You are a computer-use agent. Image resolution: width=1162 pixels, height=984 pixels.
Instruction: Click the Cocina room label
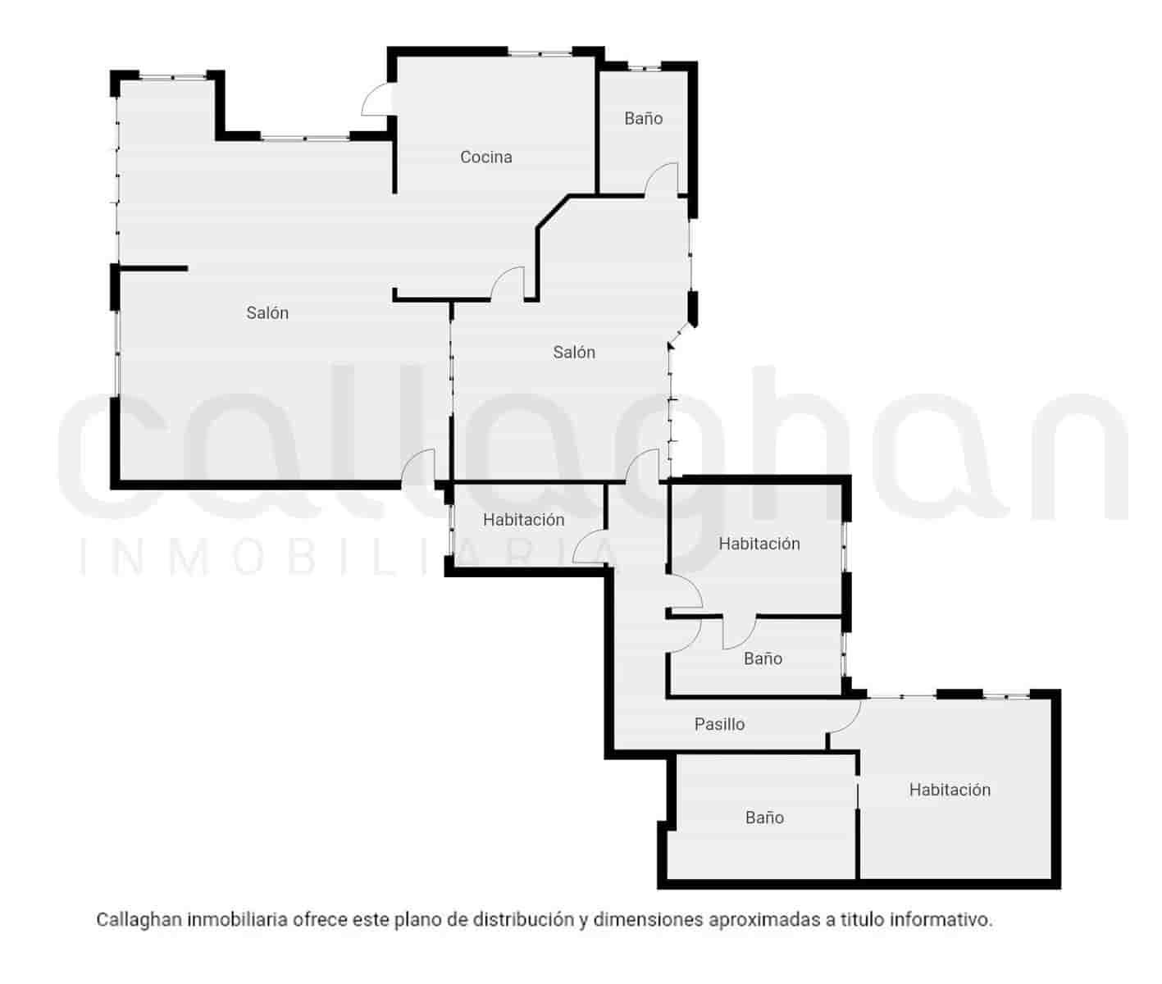[x=485, y=157]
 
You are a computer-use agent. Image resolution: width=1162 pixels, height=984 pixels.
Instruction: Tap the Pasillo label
[x=719, y=724]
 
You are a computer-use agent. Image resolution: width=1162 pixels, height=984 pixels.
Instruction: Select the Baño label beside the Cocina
[x=643, y=118]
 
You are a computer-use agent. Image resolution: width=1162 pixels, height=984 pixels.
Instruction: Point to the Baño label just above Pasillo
[x=763, y=658]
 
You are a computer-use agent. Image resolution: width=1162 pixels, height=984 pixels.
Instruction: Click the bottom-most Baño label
[x=764, y=818]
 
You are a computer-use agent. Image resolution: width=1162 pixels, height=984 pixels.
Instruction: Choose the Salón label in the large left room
[x=267, y=312]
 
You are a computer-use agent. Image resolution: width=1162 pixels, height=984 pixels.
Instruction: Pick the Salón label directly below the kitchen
[x=574, y=352]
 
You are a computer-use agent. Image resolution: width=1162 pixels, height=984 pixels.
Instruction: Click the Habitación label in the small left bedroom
[x=523, y=520]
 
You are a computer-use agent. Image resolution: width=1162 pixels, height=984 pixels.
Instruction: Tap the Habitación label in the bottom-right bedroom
[x=950, y=790]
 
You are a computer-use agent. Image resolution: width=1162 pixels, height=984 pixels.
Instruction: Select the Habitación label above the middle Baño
[x=759, y=544]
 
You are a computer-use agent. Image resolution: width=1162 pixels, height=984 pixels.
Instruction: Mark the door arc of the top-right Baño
[x=662, y=178]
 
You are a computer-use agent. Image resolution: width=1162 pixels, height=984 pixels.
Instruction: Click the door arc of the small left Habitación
[x=589, y=548]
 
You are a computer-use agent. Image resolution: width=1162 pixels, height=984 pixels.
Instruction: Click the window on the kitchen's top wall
[x=539, y=53]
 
